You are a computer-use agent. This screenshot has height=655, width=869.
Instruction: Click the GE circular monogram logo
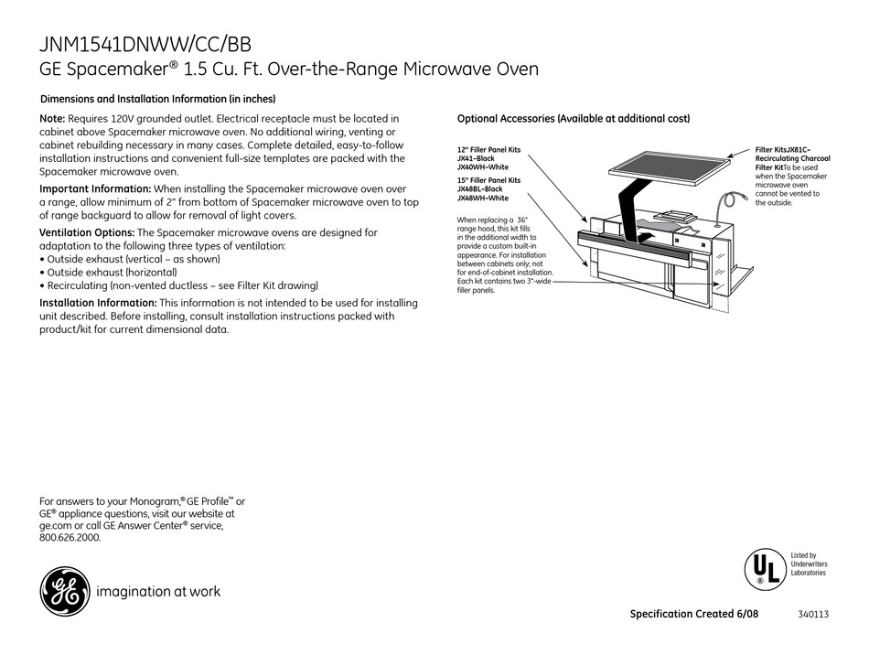[x=64, y=591]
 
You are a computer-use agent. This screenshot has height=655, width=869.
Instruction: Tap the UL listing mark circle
[x=764, y=567]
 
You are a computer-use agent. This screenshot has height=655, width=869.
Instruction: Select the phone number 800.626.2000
[x=70, y=538]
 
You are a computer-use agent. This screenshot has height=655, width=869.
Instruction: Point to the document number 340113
[x=812, y=615]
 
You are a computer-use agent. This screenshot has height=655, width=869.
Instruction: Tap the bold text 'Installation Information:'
[x=98, y=303]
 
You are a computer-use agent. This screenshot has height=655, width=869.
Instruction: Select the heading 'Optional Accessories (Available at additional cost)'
[x=573, y=119]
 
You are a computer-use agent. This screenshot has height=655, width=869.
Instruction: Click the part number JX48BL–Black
[x=480, y=189]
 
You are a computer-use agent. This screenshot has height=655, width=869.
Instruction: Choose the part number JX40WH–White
[x=482, y=166]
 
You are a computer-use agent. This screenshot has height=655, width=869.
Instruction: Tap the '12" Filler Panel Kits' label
[x=488, y=149]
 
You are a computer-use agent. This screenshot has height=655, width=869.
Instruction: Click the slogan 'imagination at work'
[x=158, y=592]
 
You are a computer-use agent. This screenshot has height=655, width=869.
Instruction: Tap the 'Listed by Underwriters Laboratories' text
[x=809, y=564]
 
